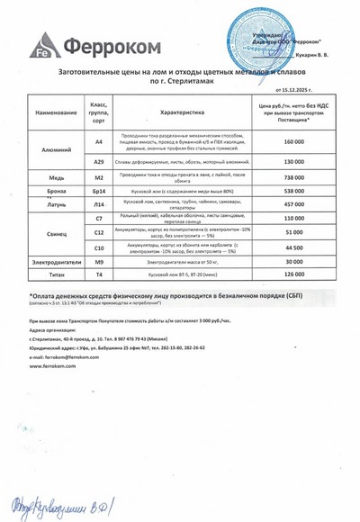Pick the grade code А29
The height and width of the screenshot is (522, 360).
(x=100, y=162)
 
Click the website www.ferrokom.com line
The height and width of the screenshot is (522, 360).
(x=52, y=364)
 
